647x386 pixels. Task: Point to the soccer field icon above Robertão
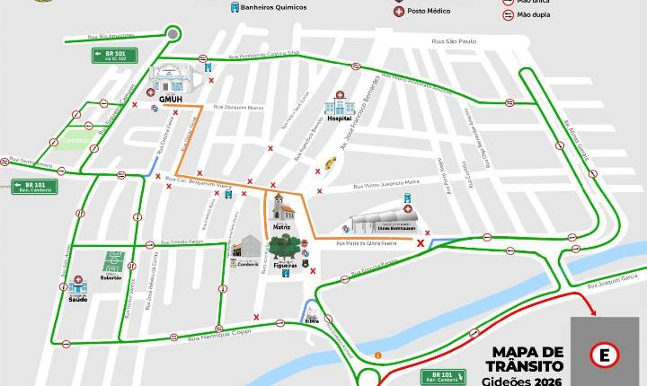[x=113, y=261]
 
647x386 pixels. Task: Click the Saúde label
[x=78, y=300]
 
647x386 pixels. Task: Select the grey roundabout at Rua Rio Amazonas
[x=173, y=35]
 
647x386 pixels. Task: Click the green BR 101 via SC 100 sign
[x=114, y=56]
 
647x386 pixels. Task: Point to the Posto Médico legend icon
[x=398, y=11]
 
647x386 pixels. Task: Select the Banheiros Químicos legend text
[x=275, y=7]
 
